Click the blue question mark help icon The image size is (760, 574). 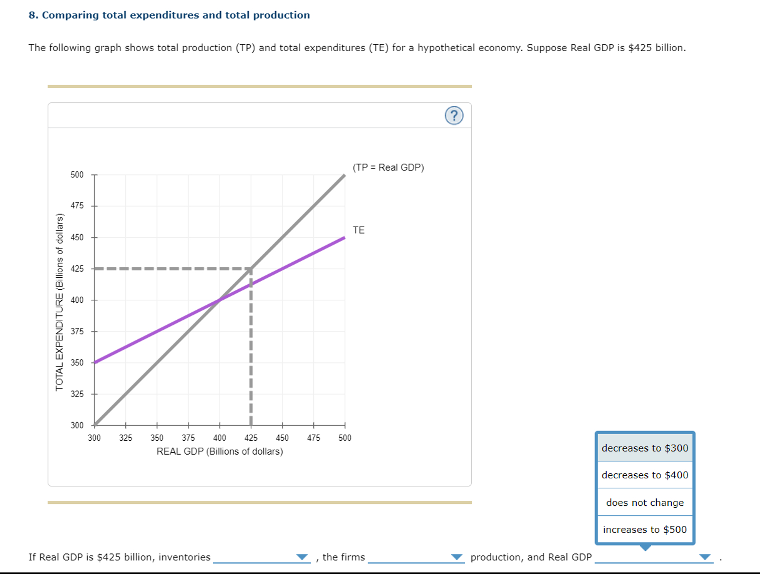coord(454,116)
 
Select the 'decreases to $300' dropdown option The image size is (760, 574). coord(645,448)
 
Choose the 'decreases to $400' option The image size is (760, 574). coord(645,475)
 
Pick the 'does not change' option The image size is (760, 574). coord(645,502)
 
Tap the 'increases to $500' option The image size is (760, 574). coord(645,529)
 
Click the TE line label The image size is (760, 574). coord(358,230)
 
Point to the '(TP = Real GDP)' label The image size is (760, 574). coord(388,167)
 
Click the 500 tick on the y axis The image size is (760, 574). coord(77,175)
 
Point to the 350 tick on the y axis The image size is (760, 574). coord(77,362)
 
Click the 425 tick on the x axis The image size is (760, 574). coord(251,438)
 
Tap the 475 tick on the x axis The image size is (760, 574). coord(313,438)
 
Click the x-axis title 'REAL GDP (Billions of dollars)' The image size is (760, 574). coord(220,451)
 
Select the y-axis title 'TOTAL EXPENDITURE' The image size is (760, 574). coord(60,302)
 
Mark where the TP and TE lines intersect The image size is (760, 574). coord(220,300)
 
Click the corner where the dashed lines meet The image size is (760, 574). coord(251,269)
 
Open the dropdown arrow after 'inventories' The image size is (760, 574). coord(302,557)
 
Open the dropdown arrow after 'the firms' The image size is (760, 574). coord(456,557)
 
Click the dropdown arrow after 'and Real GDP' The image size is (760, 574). coord(705,557)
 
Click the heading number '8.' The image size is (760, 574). coord(33,15)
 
